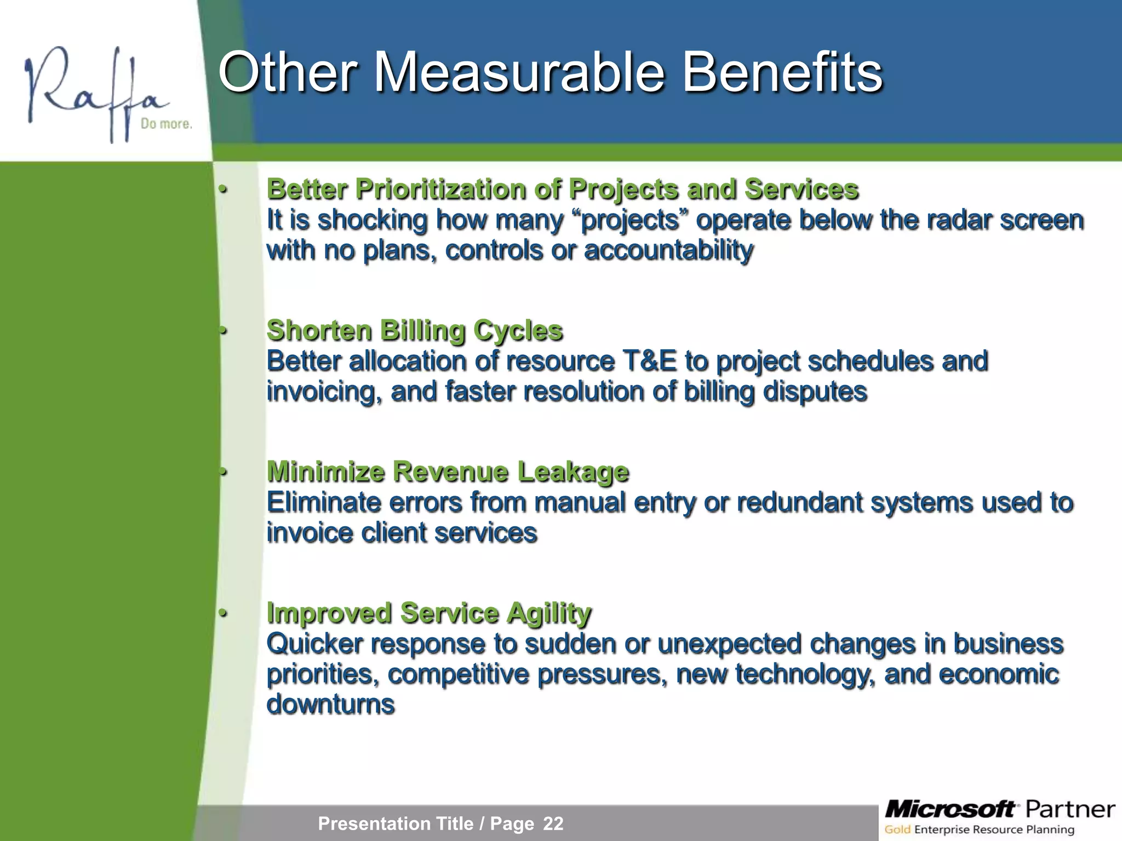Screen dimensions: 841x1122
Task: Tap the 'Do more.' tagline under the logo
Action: (x=167, y=124)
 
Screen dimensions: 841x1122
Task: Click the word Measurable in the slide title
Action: (x=519, y=72)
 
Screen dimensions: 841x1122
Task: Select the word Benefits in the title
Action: (x=782, y=72)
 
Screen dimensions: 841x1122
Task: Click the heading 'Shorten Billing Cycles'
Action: (x=415, y=331)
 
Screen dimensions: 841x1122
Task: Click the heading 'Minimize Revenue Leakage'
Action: (x=448, y=472)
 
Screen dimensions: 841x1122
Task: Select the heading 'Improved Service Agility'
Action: (x=429, y=613)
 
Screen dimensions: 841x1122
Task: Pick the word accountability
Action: (x=669, y=251)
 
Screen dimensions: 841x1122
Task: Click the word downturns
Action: (x=330, y=705)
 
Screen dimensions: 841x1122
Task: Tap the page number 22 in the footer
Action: (x=553, y=823)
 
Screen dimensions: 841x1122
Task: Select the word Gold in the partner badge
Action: (x=897, y=830)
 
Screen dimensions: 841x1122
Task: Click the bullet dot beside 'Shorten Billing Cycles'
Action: (x=222, y=331)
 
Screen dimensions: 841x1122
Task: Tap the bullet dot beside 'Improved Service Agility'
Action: (x=222, y=613)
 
